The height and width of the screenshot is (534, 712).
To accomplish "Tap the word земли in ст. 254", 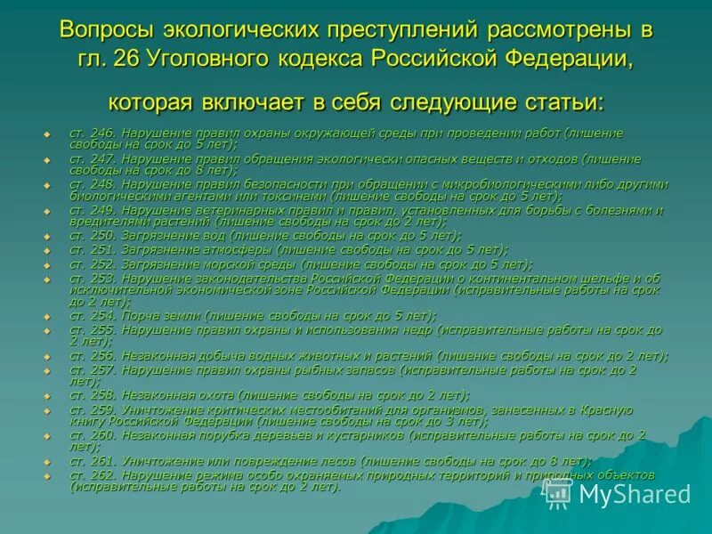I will pos(184,316).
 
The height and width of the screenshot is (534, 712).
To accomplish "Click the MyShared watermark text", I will pos(633,494).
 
